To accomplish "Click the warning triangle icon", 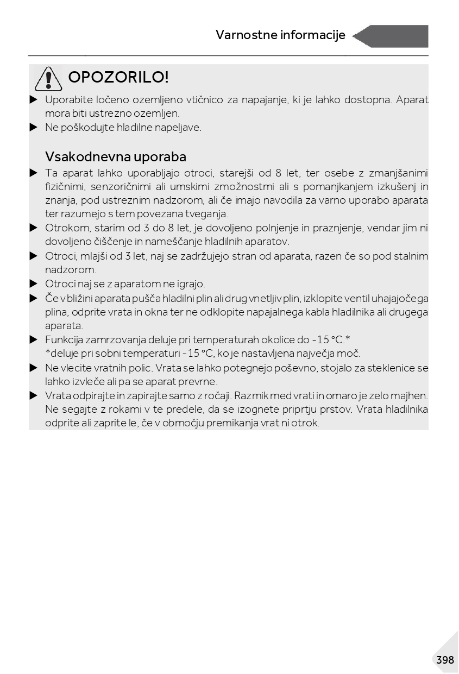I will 48,79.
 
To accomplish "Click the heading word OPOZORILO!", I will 118,78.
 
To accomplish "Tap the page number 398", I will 444,660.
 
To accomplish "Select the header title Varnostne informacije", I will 280,35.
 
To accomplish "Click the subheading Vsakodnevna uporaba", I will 116,157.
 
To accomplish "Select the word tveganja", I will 208,214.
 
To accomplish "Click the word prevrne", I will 199,382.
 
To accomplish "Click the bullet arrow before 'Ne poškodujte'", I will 34,128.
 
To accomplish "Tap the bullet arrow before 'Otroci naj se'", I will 34,284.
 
